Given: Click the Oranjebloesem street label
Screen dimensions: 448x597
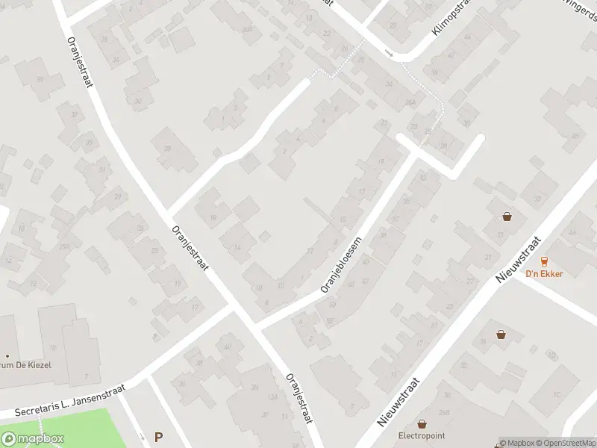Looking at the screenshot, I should pyautogui.click(x=342, y=266).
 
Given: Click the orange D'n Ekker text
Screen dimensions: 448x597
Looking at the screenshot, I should pyautogui.click(x=544, y=273).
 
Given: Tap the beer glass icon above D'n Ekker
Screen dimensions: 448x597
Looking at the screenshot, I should pyautogui.click(x=544, y=261).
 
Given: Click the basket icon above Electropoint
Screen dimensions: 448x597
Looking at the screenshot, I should pyautogui.click(x=422, y=423).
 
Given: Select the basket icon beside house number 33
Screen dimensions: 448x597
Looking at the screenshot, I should pyautogui.click(x=507, y=217).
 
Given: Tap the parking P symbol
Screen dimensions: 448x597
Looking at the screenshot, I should pyautogui.click(x=158, y=437).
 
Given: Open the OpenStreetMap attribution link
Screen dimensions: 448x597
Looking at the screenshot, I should pyautogui.click(x=567, y=442).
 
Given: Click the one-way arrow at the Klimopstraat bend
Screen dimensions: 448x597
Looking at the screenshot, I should pyautogui.click(x=389, y=52).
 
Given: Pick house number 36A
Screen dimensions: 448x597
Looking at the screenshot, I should pyautogui.click(x=409, y=103).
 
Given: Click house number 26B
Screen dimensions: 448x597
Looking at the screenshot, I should pyautogui.click(x=444, y=413).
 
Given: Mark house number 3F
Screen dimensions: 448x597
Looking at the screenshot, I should pyautogui.click(x=265, y=414).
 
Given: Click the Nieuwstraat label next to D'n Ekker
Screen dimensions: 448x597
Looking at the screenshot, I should pyautogui.click(x=522, y=266).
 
